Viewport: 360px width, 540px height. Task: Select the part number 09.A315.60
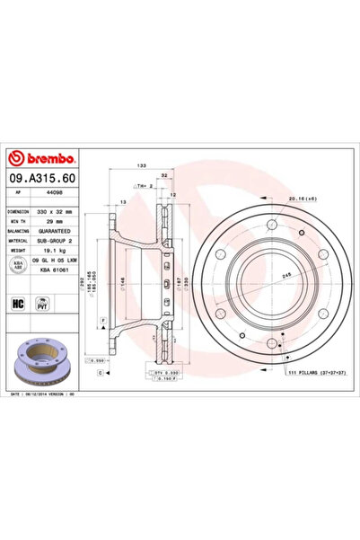pos(42,179)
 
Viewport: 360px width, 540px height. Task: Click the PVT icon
pos(40,305)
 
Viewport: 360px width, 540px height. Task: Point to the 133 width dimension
pos(141,167)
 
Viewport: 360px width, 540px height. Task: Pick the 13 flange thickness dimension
pos(123,203)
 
